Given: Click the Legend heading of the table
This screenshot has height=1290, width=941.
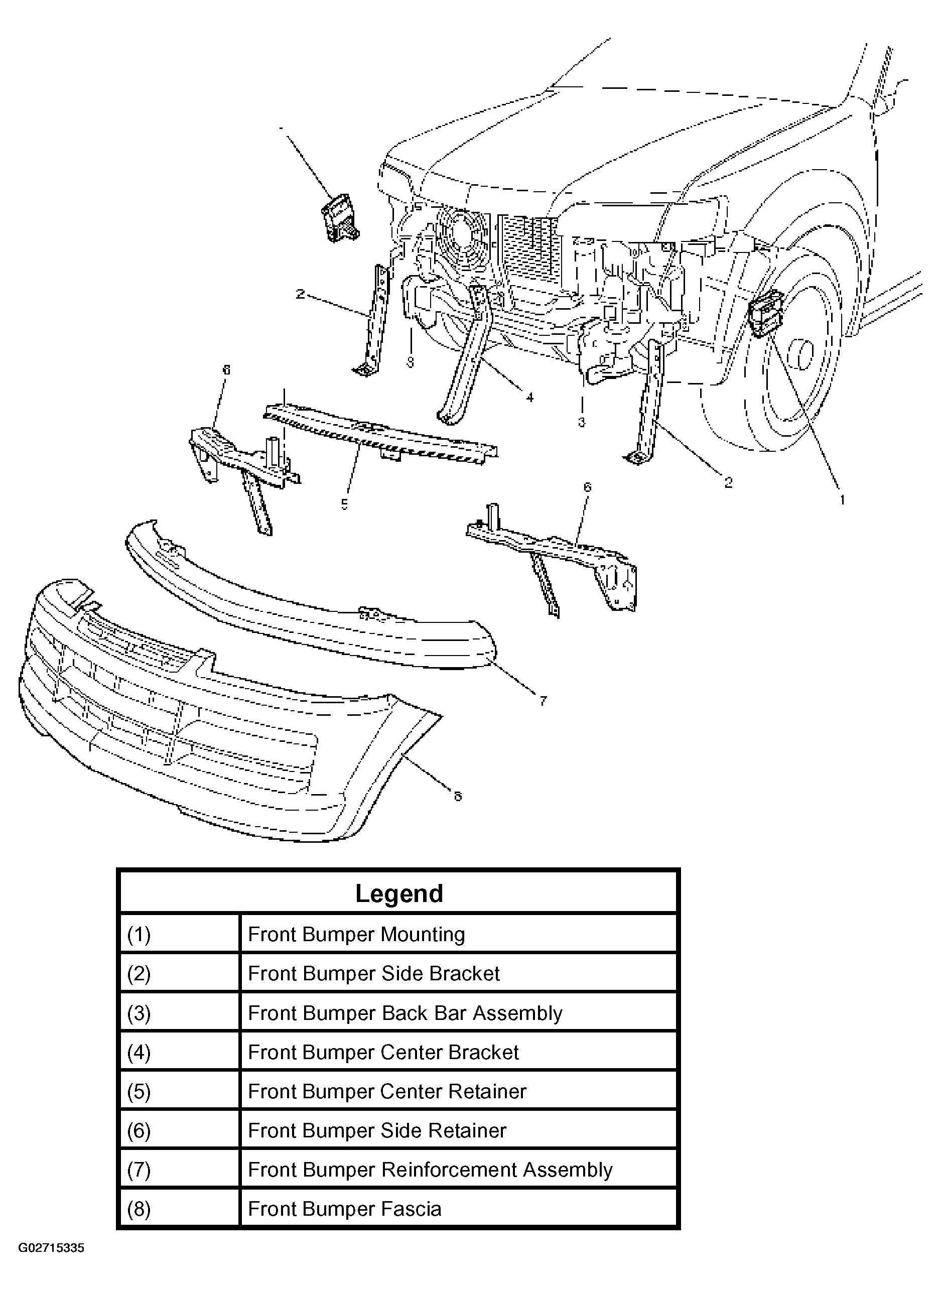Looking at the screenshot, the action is [398, 893].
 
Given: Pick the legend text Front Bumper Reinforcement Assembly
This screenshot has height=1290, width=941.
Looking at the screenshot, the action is [430, 1169].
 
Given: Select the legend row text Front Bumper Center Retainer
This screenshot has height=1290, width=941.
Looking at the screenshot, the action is [387, 1091].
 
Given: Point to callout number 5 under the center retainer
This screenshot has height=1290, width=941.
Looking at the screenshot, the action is [345, 504].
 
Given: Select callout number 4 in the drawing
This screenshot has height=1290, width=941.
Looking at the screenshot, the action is [530, 398].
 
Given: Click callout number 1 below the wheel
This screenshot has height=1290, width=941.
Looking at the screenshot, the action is [842, 500].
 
